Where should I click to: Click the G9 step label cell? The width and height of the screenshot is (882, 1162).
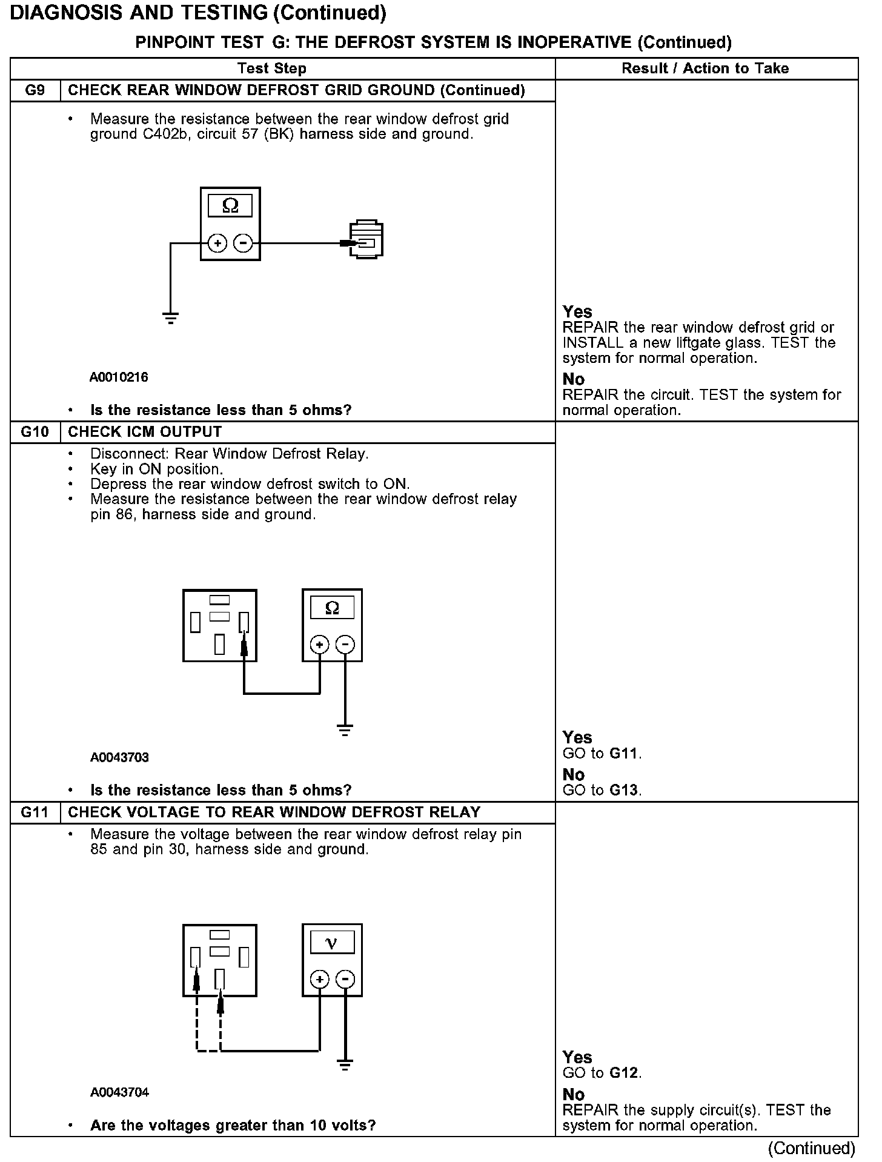35,91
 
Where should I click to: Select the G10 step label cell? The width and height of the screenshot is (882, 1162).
35,432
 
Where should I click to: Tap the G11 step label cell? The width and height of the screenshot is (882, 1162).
35,812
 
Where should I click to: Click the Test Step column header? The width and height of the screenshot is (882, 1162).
271,68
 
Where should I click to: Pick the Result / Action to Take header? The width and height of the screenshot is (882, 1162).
705,68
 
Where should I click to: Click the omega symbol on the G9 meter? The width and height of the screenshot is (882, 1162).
230,206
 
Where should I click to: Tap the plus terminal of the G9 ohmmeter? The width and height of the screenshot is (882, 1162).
217,244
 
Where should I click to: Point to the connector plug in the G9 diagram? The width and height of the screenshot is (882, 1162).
366,240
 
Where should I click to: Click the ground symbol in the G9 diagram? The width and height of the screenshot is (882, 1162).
171,317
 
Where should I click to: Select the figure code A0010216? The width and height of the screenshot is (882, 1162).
119,377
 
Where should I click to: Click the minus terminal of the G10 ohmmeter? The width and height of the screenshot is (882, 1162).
345,645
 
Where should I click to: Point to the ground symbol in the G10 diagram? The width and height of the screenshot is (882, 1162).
345,730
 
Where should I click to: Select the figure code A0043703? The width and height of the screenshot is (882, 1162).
119,757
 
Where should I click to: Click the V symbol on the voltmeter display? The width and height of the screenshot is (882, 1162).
331,943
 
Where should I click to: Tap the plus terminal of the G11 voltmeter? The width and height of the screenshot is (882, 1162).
320,980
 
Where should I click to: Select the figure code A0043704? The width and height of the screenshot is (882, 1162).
119,1092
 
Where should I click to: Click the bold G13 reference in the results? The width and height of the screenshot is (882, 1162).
625,791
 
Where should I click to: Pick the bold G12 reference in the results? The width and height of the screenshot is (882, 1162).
624,1073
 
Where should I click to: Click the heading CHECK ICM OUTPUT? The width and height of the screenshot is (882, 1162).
145,432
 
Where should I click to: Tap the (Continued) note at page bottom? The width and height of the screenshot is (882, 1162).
811,1148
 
